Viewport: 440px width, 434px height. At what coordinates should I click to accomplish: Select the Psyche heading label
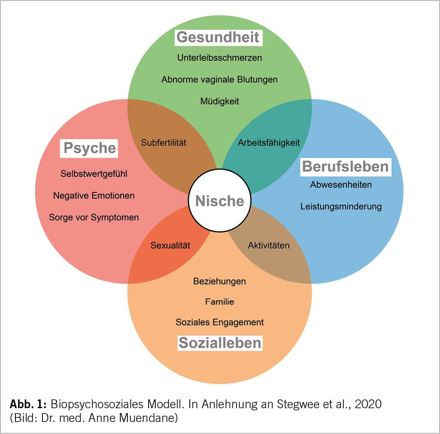[89, 148]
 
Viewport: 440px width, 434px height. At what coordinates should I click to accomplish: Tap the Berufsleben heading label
[345, 166]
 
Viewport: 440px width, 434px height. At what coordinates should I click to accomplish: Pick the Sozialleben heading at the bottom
[220, 343]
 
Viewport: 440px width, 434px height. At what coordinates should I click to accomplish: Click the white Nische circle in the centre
[220, 201]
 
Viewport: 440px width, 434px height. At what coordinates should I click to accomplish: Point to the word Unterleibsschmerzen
[219, 58]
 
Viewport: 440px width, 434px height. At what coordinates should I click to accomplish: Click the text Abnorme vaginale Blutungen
[219, 79]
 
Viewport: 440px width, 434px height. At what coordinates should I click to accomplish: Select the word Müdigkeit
[219, 101]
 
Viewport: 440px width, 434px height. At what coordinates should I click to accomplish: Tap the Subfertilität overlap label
[164, 142]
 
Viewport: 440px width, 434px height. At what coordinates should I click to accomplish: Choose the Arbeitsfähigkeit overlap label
[269, 142]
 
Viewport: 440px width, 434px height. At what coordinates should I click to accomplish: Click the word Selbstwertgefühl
[94, 174]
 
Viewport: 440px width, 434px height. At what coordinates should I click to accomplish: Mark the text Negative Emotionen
[94, 195]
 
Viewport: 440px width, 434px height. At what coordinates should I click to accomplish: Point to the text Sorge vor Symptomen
[94, 217]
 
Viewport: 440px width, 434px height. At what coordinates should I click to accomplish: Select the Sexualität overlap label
[170, 245]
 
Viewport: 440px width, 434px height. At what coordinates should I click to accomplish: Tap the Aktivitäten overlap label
[268, 245]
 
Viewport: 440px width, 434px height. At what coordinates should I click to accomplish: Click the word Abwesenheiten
[341, 185]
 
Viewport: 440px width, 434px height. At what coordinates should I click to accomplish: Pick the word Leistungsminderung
[341, 206]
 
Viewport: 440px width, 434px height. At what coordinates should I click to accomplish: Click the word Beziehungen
[219, 281]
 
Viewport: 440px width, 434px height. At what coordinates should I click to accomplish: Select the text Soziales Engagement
[219, 322]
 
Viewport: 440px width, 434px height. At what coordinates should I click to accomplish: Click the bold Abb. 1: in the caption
[29, 404]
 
